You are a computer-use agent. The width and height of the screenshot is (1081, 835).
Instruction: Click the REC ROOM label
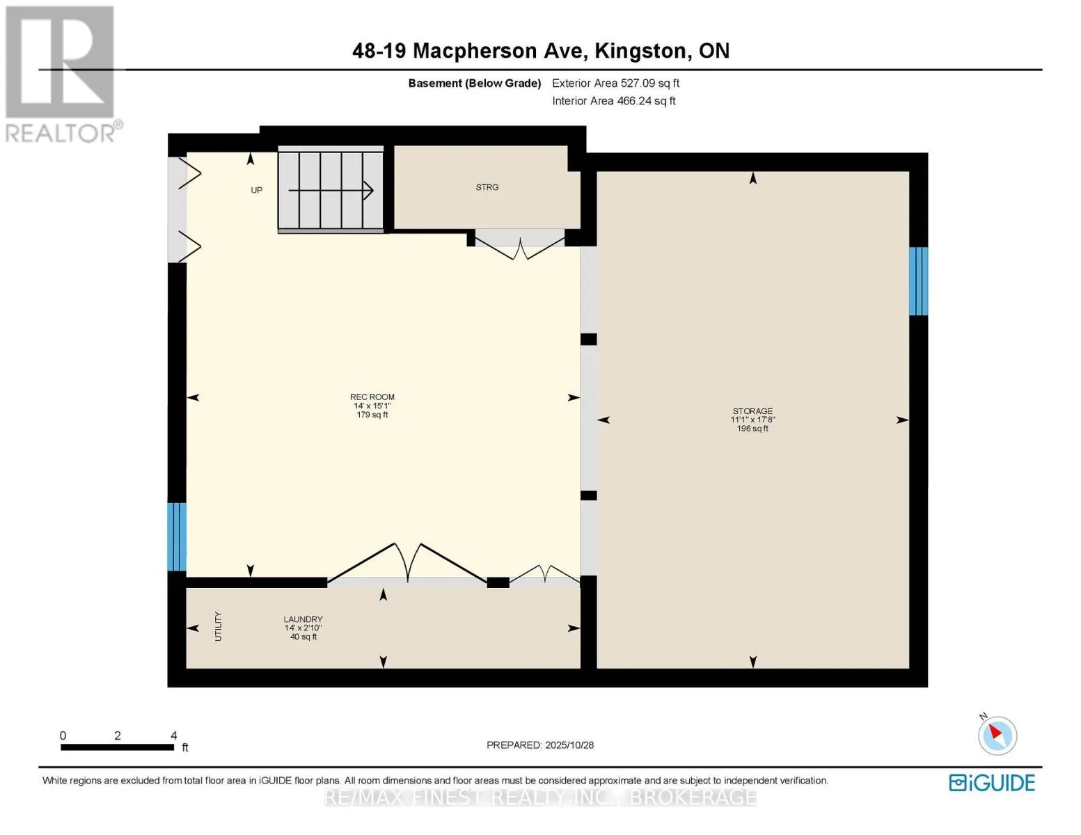click(372, 397)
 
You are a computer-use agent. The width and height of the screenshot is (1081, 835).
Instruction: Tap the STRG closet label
click(487, 187)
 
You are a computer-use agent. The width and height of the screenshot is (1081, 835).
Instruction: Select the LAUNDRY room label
click(303, 619)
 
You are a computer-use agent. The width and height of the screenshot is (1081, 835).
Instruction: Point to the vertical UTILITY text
click(218, 626)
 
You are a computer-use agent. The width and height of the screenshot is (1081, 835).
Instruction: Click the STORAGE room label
click(752, 411)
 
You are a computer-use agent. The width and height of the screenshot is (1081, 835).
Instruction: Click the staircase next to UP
click(331, 190)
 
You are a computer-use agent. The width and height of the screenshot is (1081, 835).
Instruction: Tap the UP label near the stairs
click(256, 191)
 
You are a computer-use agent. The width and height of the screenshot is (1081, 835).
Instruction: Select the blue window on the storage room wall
click(918, 281)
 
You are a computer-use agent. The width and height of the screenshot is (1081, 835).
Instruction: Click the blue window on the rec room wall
click(177, 536)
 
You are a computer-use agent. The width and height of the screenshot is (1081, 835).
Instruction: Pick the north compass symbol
click(997, 735)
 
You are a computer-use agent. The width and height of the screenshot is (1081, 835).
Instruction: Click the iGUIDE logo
click(992, 783)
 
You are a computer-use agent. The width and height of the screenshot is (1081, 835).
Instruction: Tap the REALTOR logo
click(61, 73)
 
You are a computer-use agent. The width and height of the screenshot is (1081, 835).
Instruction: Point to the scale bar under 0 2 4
click(117, 747)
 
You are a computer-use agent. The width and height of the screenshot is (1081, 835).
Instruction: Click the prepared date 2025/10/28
click(539, 745)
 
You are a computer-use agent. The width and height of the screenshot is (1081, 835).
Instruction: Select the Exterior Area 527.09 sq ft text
click(615, 83)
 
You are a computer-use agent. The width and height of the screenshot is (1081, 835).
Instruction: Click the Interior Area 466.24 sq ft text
click(613, 101)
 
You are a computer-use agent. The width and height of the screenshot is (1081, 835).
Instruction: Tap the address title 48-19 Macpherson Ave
click(540, 51)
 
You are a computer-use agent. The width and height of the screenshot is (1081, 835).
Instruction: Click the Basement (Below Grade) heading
click(474, 83)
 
